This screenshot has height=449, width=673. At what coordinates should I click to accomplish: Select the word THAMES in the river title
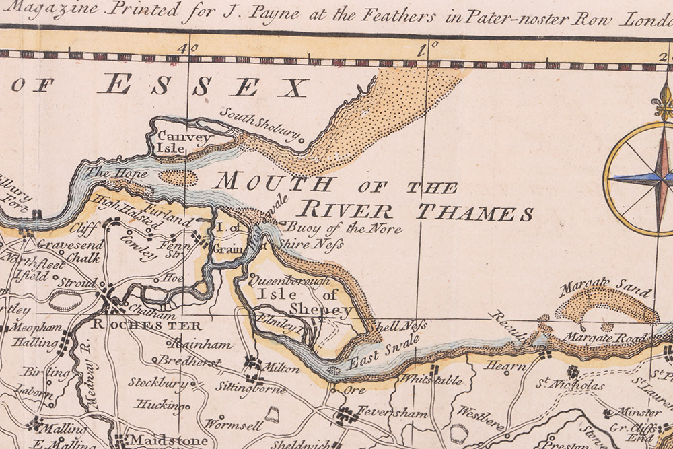coord(474,213)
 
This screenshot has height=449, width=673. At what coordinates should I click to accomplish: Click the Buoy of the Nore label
coord(344,228)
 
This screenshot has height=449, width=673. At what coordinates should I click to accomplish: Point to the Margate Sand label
coord(606,290)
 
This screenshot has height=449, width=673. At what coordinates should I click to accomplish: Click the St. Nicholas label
coord(570,386)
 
